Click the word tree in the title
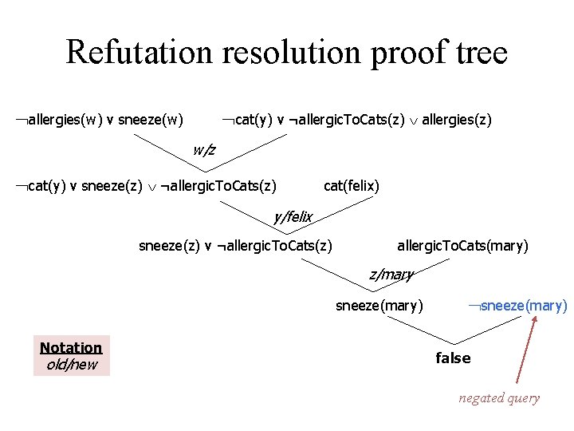tap(478, 52)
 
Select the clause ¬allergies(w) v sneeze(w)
tap(99, 121)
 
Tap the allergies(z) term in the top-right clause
tap(457, 121)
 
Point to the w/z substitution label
tap(204, 149)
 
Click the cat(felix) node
tap(351, 186)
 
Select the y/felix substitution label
tap(293, 216)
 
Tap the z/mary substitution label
tap(391, 275)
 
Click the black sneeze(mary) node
tap(379, 305)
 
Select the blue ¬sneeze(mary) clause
tap(517, 305)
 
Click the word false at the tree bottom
tap(453, 358)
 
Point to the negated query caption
tap(499, 397)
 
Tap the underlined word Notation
tap(71, 347)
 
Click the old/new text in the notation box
tap(71, 365)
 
